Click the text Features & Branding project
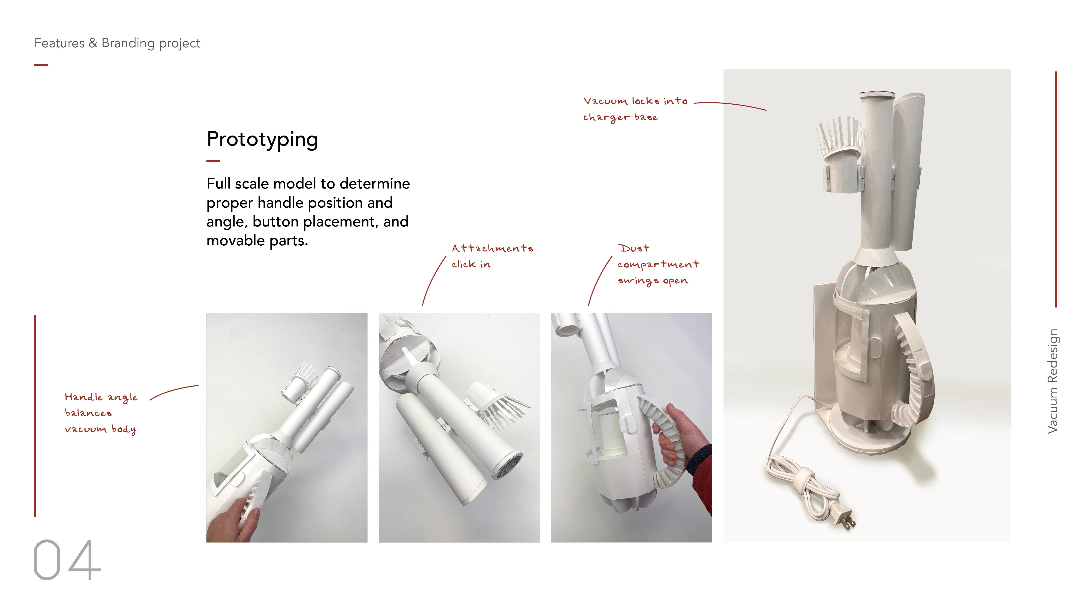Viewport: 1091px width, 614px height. (x=117, y=43)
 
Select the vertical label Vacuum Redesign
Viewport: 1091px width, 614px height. (x=1052, y=381)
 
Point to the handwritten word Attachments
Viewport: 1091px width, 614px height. (x=492, y=248)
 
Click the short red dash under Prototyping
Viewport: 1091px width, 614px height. (x=213, y=161)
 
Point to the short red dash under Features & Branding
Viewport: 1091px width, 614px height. (x=41, y=65)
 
